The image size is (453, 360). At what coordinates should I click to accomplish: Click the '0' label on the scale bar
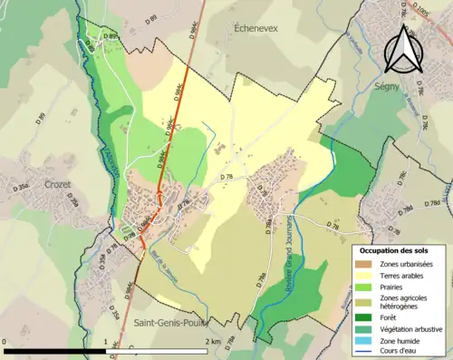click(x=6, y=342)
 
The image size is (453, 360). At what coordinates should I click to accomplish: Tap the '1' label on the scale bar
click(x=107, y=342)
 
